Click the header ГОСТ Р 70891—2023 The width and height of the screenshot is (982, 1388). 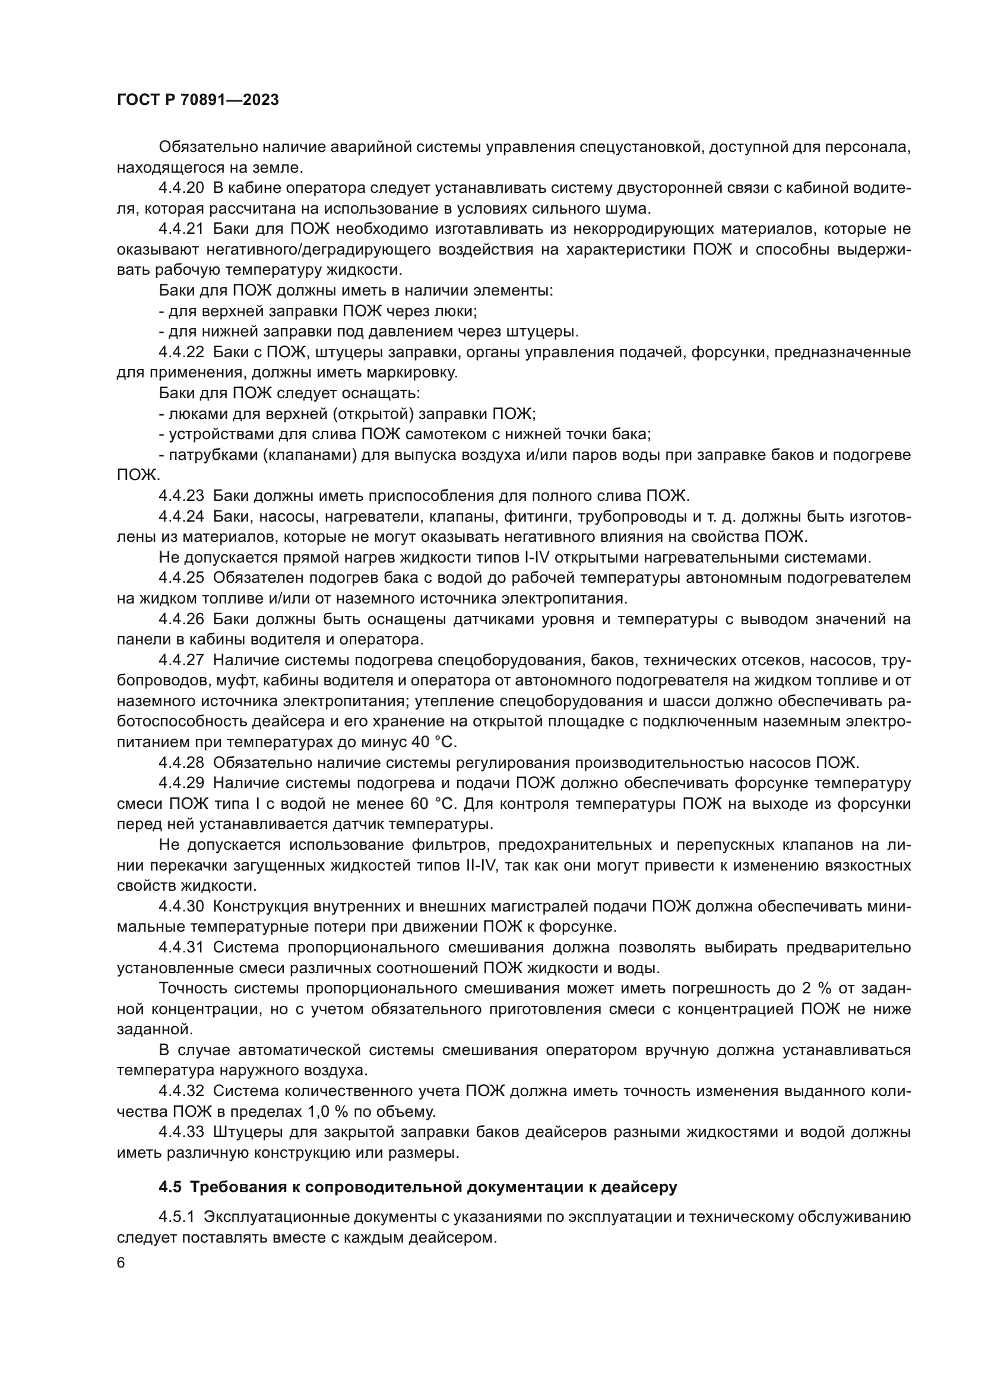pyautogui.click(x=198, y=100)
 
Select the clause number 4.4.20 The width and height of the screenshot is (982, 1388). pyautogui.click(x=182, y=188)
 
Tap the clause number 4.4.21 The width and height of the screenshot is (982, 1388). pyautogui.click(x=182, y=229)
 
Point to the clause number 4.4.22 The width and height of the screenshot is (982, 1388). pyautogui.click(x=182, y=352)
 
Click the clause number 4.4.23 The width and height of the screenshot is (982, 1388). pyautogui.click(x=182, y=496)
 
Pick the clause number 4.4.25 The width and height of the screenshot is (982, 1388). pyautogui.click(x=182, y=578)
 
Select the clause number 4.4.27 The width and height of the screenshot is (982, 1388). pyautogui.click(x=182, y=660)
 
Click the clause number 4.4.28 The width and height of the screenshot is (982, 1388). pyautogui.click(x=182, y=763)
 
